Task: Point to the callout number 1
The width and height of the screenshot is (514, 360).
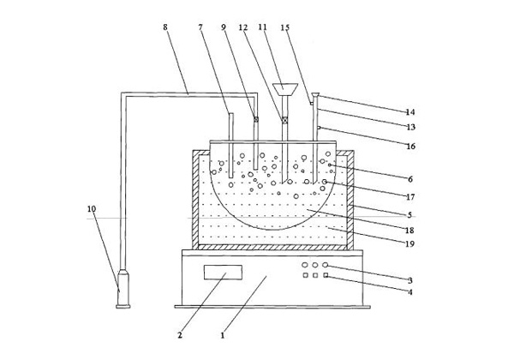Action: (224, 335)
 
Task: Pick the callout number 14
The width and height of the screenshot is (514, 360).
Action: (409, 111)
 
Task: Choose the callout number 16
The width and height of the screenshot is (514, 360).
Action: (409, 147)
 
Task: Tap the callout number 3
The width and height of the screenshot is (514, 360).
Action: (409, 279)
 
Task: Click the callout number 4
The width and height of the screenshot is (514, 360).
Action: (409, 292)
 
